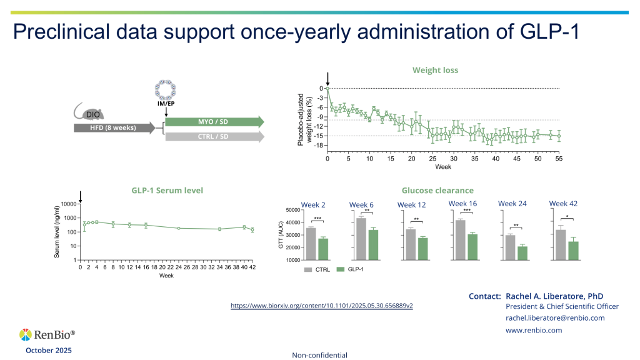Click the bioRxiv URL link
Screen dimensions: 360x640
point(322,306)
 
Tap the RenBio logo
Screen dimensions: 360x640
point(47,335)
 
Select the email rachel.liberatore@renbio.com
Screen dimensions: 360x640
point(555,318)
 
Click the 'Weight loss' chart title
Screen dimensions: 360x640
point(435,70)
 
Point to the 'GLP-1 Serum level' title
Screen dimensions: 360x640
point(167,190)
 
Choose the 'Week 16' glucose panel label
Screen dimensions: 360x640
point(462,204)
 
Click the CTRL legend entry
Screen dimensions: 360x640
point(317,269)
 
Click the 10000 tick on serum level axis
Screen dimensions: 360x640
point(67,204)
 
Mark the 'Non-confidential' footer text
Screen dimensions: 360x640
point(319,355)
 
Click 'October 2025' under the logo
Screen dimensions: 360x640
point(48,351)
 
